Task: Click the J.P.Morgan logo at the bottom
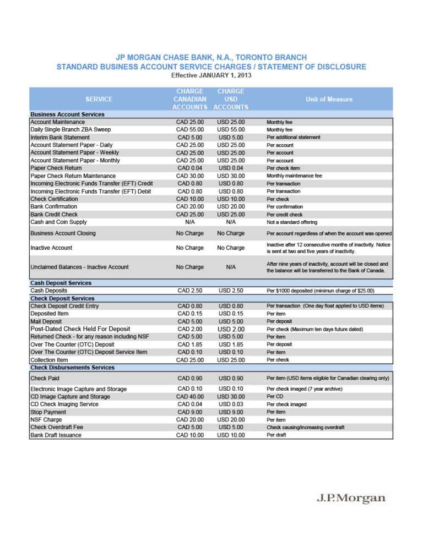point(351,499)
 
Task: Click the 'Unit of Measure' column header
point(329,99)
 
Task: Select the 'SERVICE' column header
point(99,99)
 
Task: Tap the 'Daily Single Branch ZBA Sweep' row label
point(70,129)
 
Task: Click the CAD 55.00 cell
point(190,129)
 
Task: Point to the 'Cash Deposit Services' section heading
point(61,283)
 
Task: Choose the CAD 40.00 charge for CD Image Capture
point(190,396)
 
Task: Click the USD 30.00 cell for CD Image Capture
point(231,396)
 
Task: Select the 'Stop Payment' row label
point(48,412)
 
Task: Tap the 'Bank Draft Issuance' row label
point(56,435)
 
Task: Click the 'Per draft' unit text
point(276,435)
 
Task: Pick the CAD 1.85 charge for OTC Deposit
point(190,344)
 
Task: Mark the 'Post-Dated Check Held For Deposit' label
point(80,329)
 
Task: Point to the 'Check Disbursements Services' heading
point(72,368)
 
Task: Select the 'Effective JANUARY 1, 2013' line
point(211,75)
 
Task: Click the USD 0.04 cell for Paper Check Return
point(231,168)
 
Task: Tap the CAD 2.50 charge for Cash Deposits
point(190,290)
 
